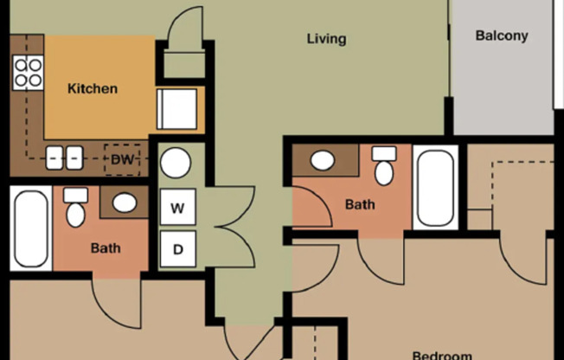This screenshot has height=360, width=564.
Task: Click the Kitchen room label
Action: pos(93,88)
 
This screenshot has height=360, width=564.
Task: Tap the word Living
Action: pos(326,39)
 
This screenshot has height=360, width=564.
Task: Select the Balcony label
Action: pos(502,36)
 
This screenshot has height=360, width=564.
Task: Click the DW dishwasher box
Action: pos(120,158)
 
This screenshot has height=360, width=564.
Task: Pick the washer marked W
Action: pos(177,208)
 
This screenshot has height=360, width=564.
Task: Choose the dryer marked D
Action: pos(177,250)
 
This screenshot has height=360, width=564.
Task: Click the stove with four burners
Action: pos(28,72)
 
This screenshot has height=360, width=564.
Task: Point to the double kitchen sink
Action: pos(64,157)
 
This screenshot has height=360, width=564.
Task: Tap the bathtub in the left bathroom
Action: pos(31,228)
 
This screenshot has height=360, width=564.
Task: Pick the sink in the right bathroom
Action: pos(323,161)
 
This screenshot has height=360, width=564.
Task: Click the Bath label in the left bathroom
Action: pos(106,248)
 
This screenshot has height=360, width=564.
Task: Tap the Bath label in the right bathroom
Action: pos(360,205)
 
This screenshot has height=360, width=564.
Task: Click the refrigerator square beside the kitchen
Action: pos(176,110)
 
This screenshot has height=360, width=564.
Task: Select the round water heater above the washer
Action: pos(176,163)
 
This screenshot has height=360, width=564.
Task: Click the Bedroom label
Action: pos(441,355)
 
